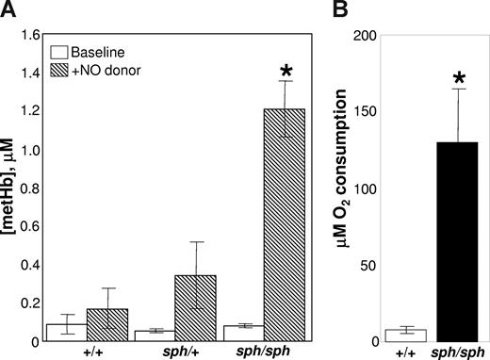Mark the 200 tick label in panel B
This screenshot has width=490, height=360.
(377, 36)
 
